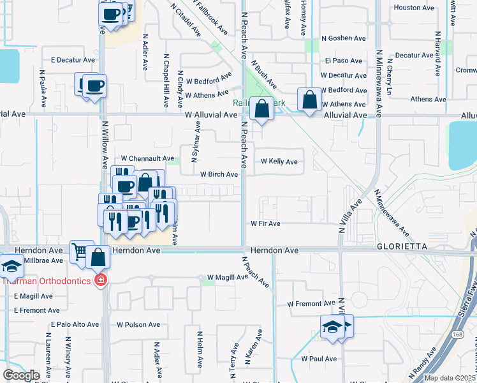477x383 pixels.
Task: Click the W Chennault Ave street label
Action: point(148,158)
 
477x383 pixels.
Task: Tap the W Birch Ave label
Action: point(219,174)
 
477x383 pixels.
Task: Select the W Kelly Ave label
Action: point(279,162)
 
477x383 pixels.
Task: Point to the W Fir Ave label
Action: point(265,224)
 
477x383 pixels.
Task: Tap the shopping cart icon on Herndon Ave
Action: point(80,251)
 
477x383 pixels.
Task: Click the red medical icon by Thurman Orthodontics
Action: point(99,280)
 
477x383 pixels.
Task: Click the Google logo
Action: point(20,375)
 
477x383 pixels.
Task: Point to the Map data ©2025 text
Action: point(450,378)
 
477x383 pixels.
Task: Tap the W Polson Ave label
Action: point(138,324)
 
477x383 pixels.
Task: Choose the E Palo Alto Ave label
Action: point(74,324)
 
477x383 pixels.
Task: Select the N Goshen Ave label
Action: point(344,38)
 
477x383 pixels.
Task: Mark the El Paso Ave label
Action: point(344,61)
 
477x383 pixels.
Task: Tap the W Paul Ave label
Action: point(319,359)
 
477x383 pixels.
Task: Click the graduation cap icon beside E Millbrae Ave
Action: point(11,266)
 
